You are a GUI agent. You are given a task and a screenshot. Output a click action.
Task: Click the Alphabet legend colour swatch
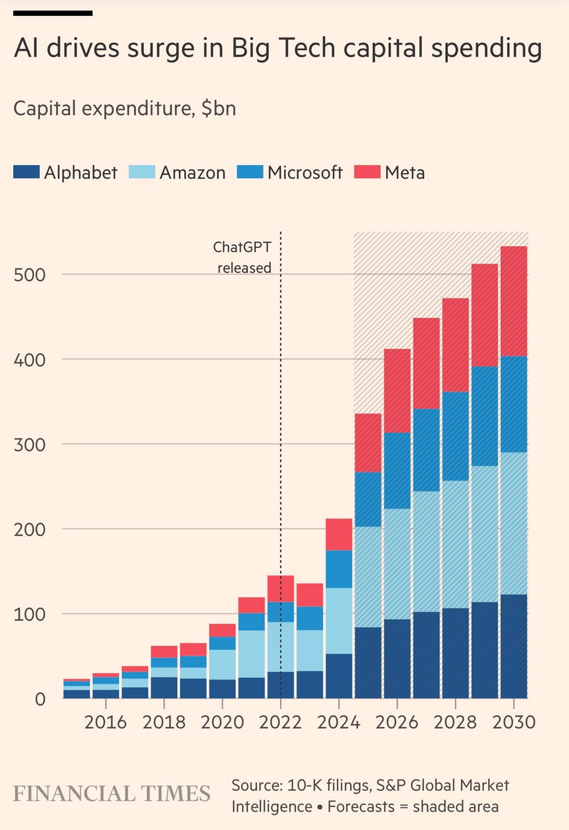click(x=26, y=172)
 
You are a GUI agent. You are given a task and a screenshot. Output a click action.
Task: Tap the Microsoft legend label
click(x=305, y=173)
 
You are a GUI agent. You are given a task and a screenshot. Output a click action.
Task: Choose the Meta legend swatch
click(x=367, y=172)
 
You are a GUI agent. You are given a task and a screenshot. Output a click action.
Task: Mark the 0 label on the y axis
click(x=40, y=699)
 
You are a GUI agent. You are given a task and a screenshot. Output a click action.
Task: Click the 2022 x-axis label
click(x=280, y=722)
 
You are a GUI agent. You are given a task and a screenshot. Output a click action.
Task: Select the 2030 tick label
click(x=514, y=722)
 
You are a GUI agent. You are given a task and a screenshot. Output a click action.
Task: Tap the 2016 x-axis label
click(x=105, y=722)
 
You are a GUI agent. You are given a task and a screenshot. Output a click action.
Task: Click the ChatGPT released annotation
click(x=243, y=257)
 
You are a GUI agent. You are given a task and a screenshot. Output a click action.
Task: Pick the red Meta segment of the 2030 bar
click(x=514, y=301)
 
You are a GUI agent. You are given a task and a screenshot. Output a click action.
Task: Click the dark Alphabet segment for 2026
click(x=397, y=658)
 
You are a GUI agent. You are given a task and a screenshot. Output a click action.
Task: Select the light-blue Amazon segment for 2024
click(x=339, y=621)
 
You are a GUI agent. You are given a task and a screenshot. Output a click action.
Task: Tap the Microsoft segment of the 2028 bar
click(x=456, y=436)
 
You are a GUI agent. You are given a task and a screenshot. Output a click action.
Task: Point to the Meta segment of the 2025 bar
click(x=368, y=443)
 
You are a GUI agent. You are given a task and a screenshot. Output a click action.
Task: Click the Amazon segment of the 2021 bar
click(x=252, y=654)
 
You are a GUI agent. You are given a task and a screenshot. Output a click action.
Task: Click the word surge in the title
click(x=160, y=49)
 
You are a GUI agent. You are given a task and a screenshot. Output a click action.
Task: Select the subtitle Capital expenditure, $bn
click(x=124, y=108)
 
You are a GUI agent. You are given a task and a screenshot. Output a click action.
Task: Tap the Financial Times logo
click(x=112, y=794)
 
